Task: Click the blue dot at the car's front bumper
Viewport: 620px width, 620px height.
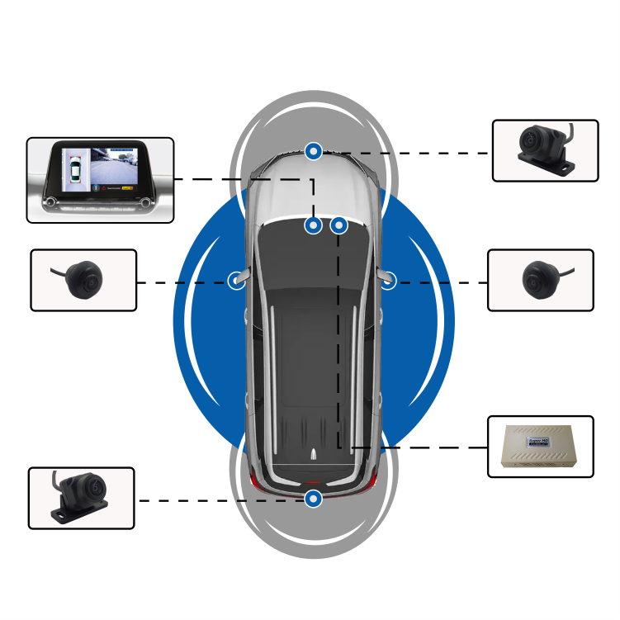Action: [x=313, y=151]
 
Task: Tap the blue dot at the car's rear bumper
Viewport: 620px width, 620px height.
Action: [x=313, y=499]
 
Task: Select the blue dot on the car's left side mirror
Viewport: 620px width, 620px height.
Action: [x=238, y=282]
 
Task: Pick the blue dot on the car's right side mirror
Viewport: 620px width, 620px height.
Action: [x=388, y=282]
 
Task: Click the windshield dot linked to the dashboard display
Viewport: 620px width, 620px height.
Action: [x=313, y=225]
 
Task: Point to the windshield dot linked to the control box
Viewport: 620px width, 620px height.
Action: [x=338, y=225]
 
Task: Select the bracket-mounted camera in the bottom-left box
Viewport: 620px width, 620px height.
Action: [x=80, y=497]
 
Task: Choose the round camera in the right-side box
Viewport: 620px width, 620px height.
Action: [x=539, y=279]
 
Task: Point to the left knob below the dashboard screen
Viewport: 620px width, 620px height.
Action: [x=51, y=202]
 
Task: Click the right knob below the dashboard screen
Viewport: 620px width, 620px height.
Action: [x=146, y=202]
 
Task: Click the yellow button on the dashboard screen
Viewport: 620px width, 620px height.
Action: [x=127, y=187]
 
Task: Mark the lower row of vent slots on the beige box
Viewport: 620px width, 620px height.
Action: [x=541, y=464]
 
